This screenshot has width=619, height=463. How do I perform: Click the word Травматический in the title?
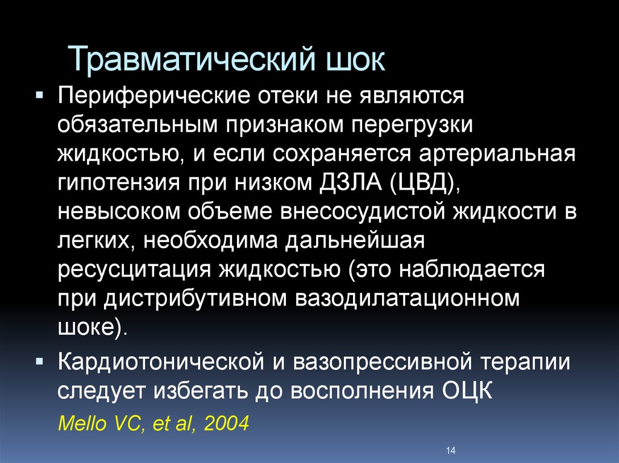click(192, 59)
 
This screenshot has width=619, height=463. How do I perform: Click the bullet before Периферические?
click(39, 95)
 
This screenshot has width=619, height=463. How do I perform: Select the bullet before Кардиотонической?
click(39, 361)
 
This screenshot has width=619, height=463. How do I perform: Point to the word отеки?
click(288, 95)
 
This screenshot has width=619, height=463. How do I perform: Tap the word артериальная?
click(497, 154)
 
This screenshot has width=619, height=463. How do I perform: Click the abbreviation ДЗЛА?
click(350, 182)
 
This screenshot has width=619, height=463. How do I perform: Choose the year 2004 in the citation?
click(227, 424)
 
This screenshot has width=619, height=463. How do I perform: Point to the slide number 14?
click(451, 450)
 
